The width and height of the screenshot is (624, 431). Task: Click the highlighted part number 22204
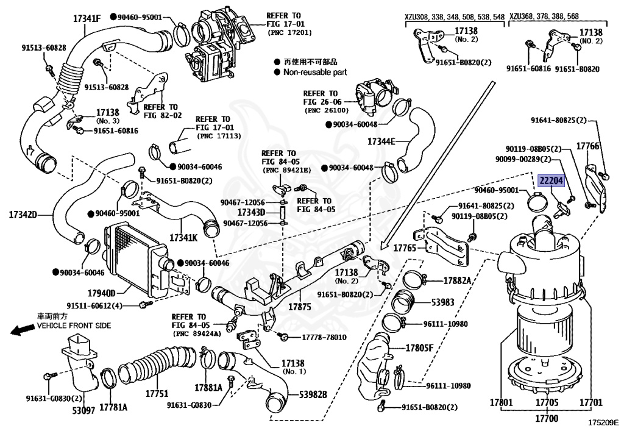[x=551, y=180]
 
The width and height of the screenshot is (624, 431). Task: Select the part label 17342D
[x=23, y=215]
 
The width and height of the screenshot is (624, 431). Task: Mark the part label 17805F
[x=419, y=348]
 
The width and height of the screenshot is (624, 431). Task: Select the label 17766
[x=588, y=146]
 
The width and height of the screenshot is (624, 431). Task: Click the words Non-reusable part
[x=315, y=72]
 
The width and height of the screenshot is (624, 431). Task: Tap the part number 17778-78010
[x=324, y=337]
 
